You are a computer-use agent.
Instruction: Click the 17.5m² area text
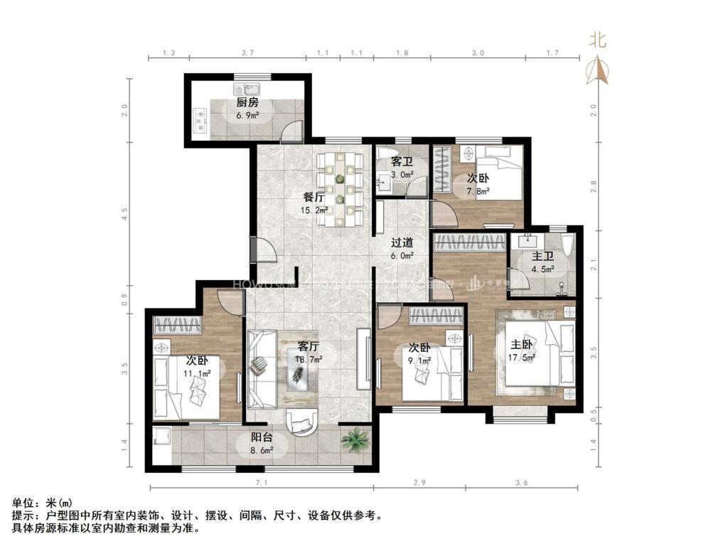[523, 358]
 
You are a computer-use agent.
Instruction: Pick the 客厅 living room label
[308, 347]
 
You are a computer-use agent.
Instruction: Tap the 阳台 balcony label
[262, 438]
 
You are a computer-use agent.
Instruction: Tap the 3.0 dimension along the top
[478, 53]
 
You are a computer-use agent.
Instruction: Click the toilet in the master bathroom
[567, 247]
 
